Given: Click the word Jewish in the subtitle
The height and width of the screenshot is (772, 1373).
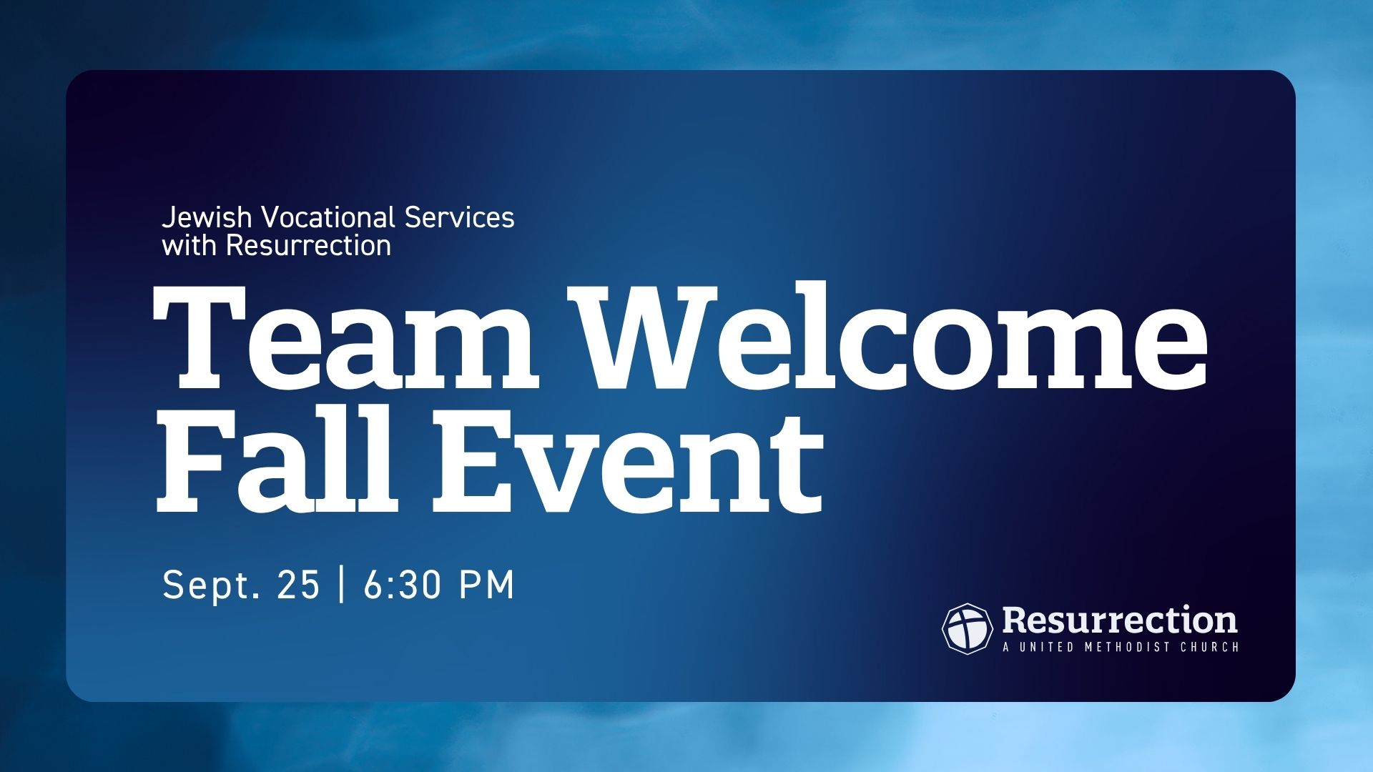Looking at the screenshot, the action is (207, 218).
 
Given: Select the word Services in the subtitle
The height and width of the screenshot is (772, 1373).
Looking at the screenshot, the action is (459, 218).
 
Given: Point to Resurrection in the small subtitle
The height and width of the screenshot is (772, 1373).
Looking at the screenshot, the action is (309, 246).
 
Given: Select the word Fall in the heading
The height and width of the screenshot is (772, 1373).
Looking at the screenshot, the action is (275, 459).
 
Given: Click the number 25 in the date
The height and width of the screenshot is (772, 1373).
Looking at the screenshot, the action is (297, 585).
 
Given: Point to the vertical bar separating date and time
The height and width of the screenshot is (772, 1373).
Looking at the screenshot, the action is (341, 585).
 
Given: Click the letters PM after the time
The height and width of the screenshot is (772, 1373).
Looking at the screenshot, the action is (486, 585).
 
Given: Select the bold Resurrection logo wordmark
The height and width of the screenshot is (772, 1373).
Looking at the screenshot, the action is (1120, 620).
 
